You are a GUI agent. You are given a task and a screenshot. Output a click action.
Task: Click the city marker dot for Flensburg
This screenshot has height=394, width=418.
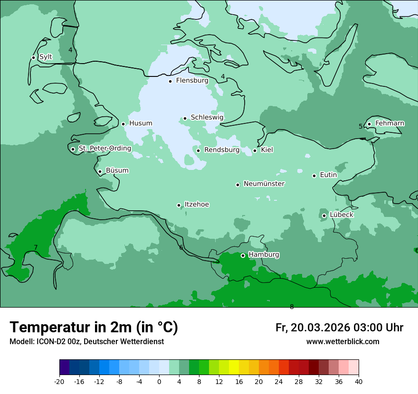click(x=170, y=81)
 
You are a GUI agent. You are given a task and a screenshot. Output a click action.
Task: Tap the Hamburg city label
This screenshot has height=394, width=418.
click(x=264, y=254)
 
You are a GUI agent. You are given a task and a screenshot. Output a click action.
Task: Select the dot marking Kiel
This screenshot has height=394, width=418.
click(x=255, y=150)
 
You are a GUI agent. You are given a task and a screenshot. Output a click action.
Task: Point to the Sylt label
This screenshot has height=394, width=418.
click(x=46, y=57)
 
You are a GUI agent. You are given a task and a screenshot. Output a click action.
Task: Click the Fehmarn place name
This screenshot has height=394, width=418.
click(x=389, y=123)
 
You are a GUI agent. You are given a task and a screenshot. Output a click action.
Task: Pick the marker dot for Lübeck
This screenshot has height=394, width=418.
click(x=324, y=216)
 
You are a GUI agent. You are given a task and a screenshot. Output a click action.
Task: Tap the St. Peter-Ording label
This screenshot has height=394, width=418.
click(x=104, y=148)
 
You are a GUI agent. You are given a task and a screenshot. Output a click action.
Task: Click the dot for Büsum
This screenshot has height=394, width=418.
click(x=100, y=171)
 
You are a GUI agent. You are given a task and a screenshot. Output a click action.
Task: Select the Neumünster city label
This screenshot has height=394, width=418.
click(x=264, y=184)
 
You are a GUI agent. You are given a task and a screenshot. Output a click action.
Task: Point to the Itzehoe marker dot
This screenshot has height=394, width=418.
click(x=179, y=205)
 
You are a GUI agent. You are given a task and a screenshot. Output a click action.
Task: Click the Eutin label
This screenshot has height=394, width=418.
click(x=328, y=175)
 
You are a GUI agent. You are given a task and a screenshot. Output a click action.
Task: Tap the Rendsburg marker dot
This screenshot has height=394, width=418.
click(x=198, y=150)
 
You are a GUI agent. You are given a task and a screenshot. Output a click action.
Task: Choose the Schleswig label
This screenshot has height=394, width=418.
click(x=207, y=117)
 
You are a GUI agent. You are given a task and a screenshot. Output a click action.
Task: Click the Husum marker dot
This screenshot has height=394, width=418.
click(x=123, y=124)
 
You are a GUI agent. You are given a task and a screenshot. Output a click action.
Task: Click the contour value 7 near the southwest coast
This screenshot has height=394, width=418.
click(x=36, y=247)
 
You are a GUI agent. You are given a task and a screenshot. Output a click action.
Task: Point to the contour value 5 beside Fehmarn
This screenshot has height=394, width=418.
click(x=361, y=126)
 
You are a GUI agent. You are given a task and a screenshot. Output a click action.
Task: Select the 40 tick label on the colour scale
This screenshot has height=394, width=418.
click(x=358, y=381)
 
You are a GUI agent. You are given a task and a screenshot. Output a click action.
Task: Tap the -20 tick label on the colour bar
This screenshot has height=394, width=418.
click(x=59, y=381)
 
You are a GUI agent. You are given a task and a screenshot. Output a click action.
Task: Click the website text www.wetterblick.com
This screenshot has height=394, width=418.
click(x=342, y=341)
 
